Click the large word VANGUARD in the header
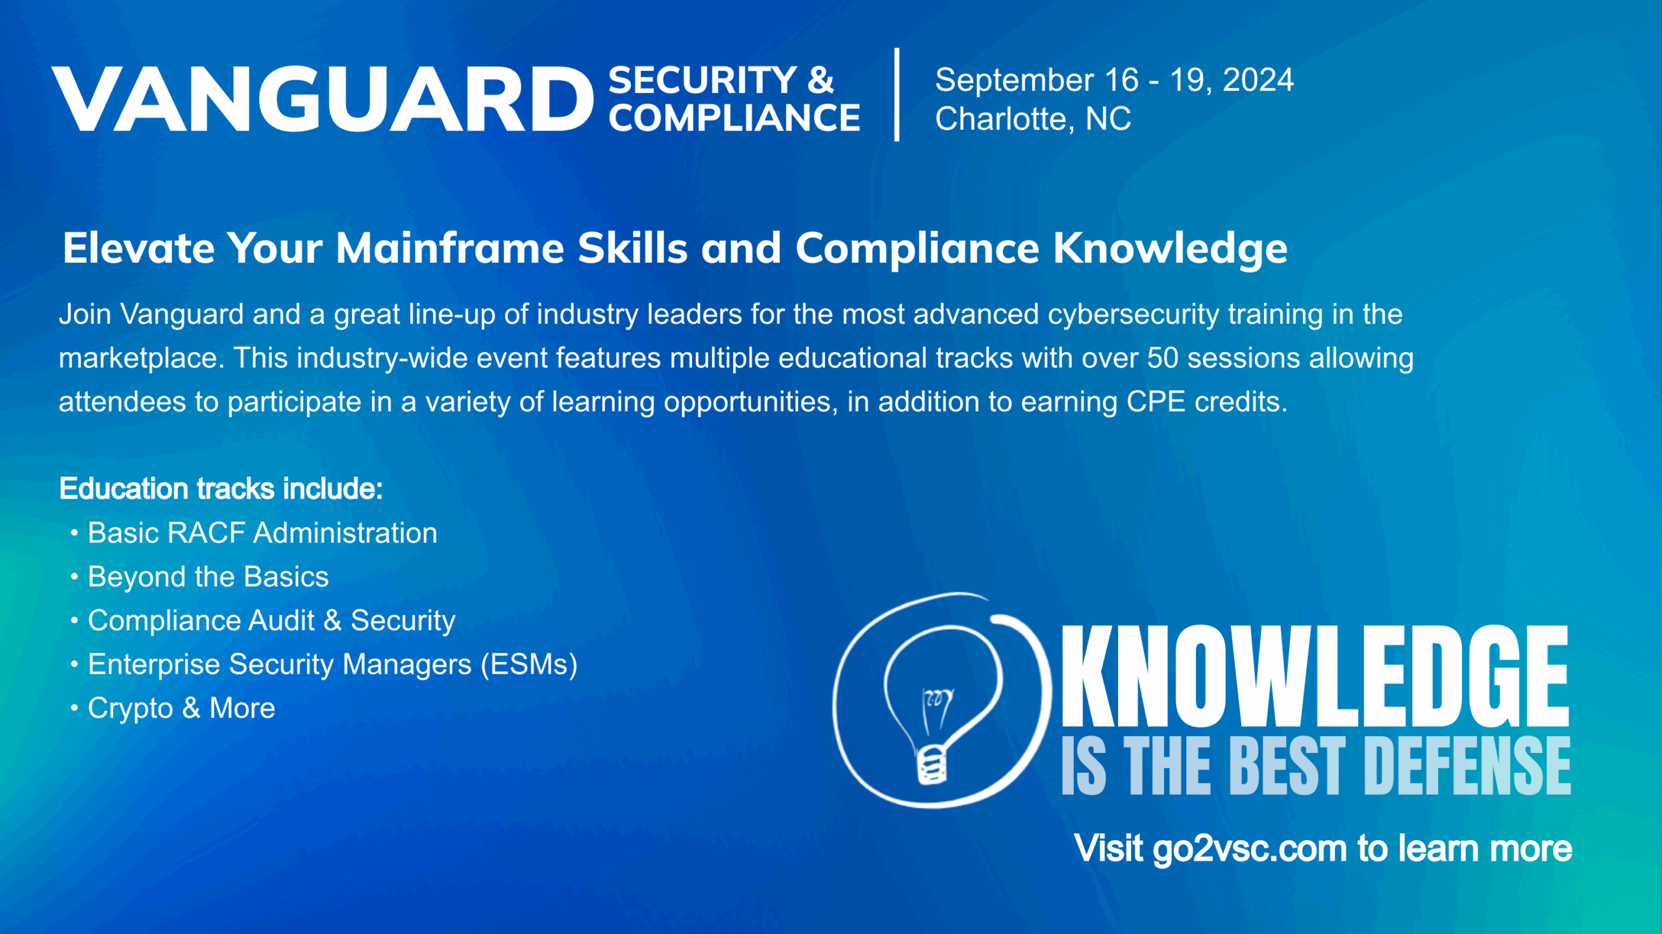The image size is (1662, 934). click(323, 99)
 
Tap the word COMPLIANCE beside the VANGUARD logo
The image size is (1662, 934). click(734, 118)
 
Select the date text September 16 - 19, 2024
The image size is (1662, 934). click(1114, 80)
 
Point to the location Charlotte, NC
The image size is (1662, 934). click(1033, 119)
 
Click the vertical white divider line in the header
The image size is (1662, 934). click(897, 94)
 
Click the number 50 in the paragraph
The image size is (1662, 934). click(1163, 358)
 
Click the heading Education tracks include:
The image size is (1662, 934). click(221, 489)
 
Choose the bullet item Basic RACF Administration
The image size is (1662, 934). click(262, 533)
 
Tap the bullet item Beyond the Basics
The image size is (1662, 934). click(208, 577)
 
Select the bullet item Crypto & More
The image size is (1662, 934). click(181, 708)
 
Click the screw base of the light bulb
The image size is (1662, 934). click(932, 764)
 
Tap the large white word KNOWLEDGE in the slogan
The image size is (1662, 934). click(1315, 676)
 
